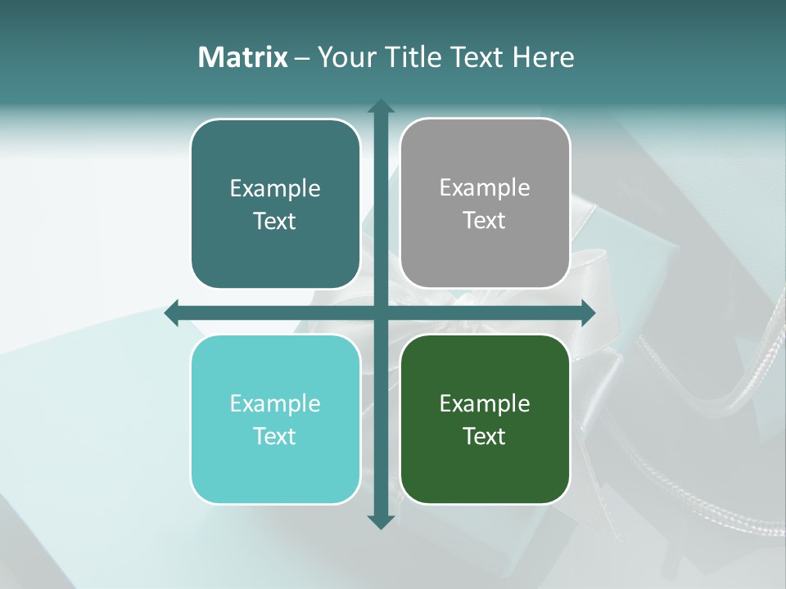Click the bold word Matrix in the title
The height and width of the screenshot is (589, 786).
point(243,57)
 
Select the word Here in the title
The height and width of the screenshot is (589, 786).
point(544,57)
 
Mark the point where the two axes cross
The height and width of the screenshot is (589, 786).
point(380,312)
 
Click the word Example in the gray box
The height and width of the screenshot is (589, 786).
point(485,188)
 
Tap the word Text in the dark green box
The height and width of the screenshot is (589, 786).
point(485,437)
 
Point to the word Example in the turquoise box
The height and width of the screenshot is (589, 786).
point(275,403)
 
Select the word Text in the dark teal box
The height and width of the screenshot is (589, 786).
point(275,222)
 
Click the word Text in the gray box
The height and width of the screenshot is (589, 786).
point(485,221)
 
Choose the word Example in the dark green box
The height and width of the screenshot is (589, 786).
point(485,403)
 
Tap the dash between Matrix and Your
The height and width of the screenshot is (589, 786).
point(302,58)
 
